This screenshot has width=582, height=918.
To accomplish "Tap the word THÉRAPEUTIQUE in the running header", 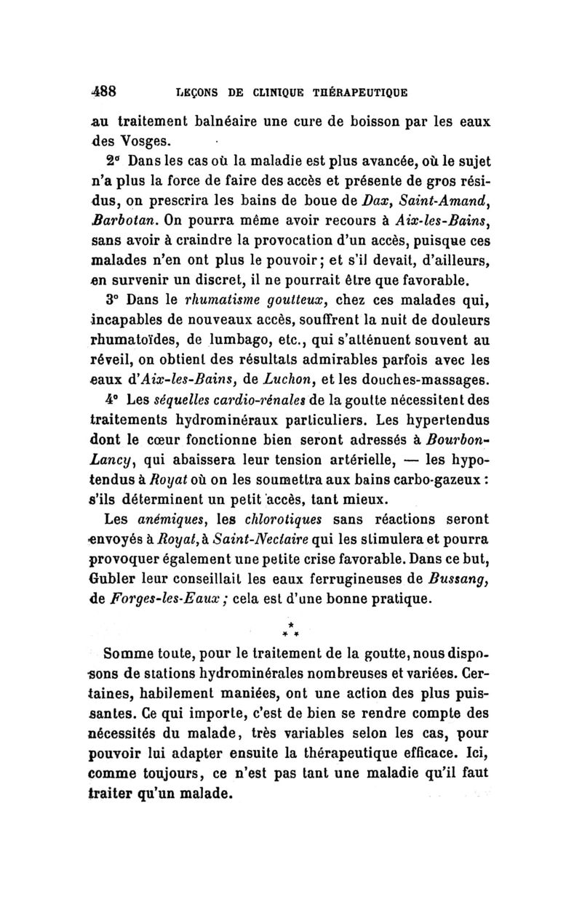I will pos(357,93).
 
